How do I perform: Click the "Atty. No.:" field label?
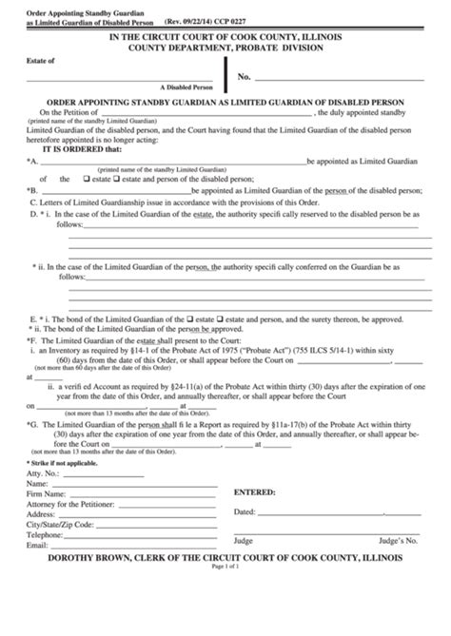click(x=45, y=497)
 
